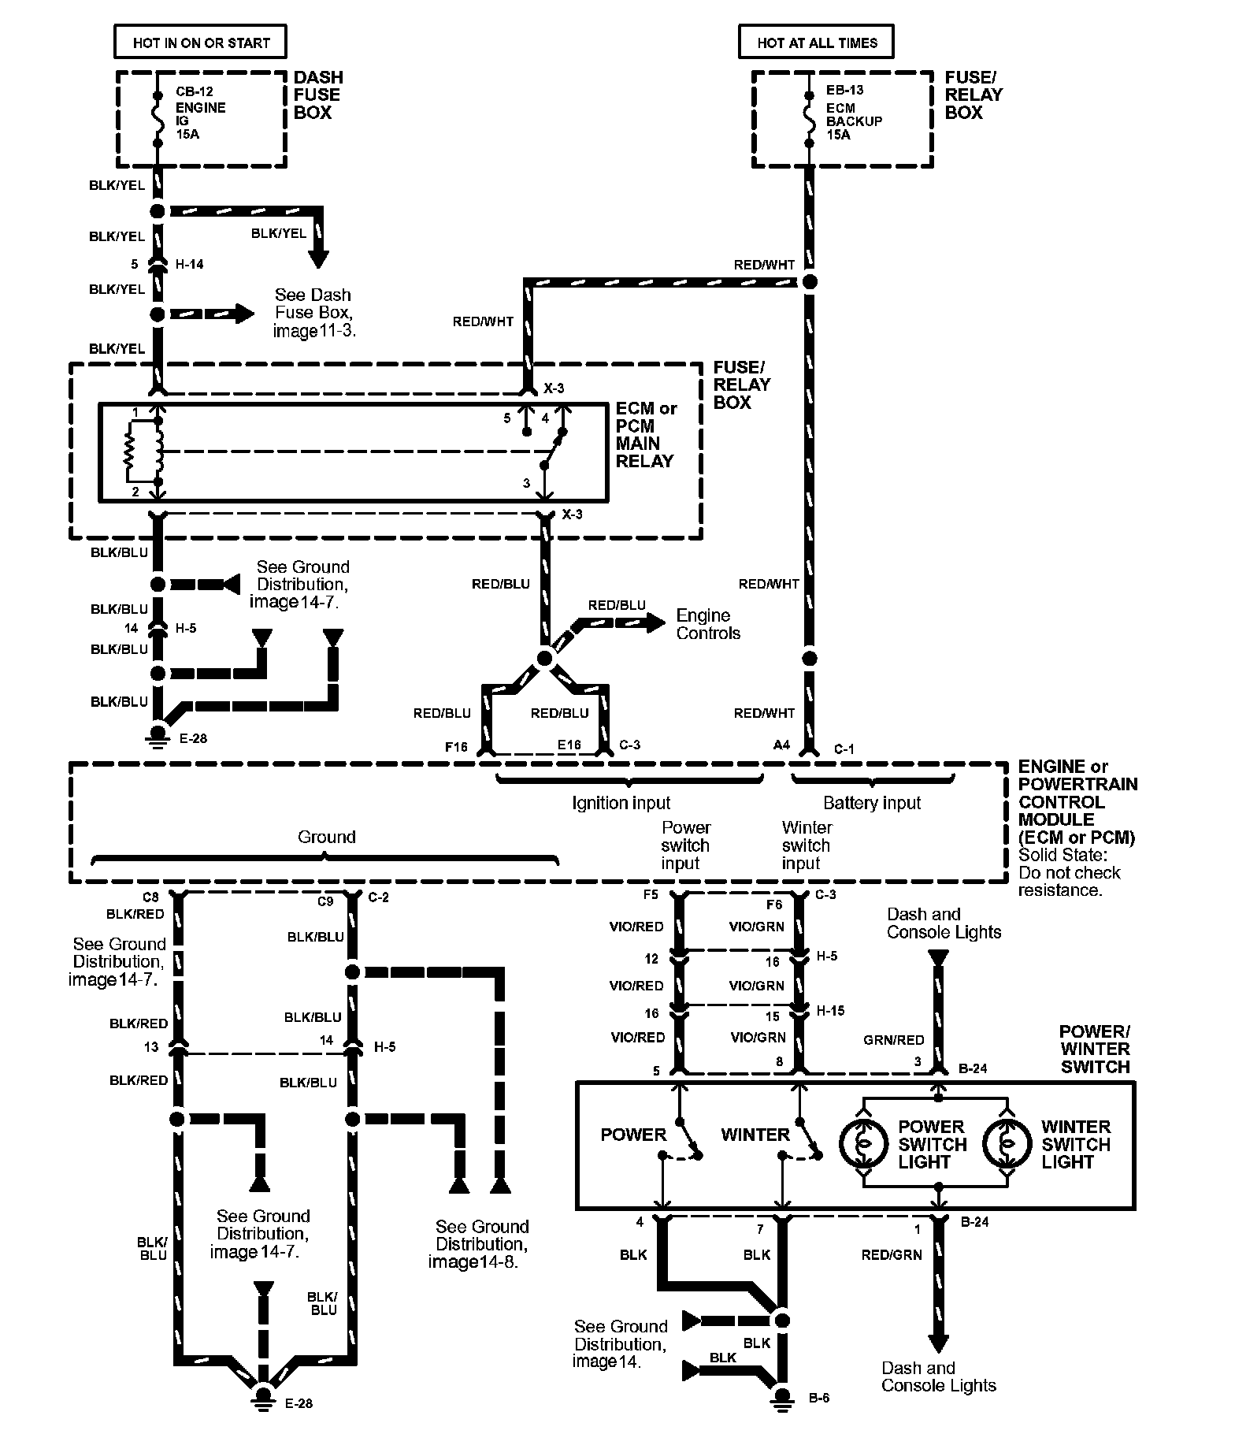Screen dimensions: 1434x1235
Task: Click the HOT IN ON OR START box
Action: point(200,42)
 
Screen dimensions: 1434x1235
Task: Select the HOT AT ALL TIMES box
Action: point(816,42)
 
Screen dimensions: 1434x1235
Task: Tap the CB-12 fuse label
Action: point(195,91)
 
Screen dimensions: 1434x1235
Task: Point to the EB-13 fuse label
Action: point(844,90)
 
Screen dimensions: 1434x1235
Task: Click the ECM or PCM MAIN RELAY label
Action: point(646,435)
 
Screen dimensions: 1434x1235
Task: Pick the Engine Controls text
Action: point(708,624)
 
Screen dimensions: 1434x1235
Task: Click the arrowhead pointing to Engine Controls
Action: point(655,622)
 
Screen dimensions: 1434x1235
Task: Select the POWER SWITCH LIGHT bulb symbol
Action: point(864,1144)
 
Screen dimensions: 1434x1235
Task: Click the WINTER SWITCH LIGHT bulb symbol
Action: point(1007,1144)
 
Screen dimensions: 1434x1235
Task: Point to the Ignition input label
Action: point(621,803)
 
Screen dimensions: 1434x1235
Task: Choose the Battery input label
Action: point(871,803)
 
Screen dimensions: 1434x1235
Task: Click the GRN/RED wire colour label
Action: point(893,1040)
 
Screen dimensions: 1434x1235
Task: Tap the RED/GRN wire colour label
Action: point(892,1254)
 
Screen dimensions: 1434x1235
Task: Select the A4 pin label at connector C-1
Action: point(781,745)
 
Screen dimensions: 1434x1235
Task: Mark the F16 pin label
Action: point(456,746)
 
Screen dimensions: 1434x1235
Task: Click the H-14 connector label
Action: point(189,264)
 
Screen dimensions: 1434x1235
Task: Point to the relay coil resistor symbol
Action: point(131,452)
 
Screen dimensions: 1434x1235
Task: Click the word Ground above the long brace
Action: point(326,837)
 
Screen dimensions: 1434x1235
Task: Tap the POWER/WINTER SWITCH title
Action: point(1095,1049)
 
